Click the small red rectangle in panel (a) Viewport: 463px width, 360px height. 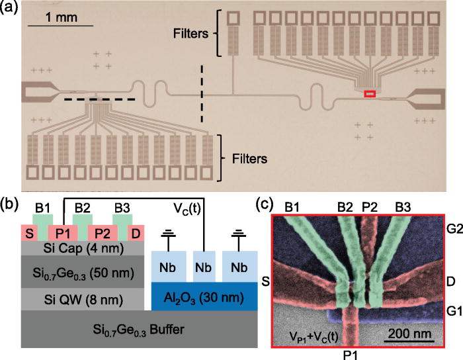point(370,94)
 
